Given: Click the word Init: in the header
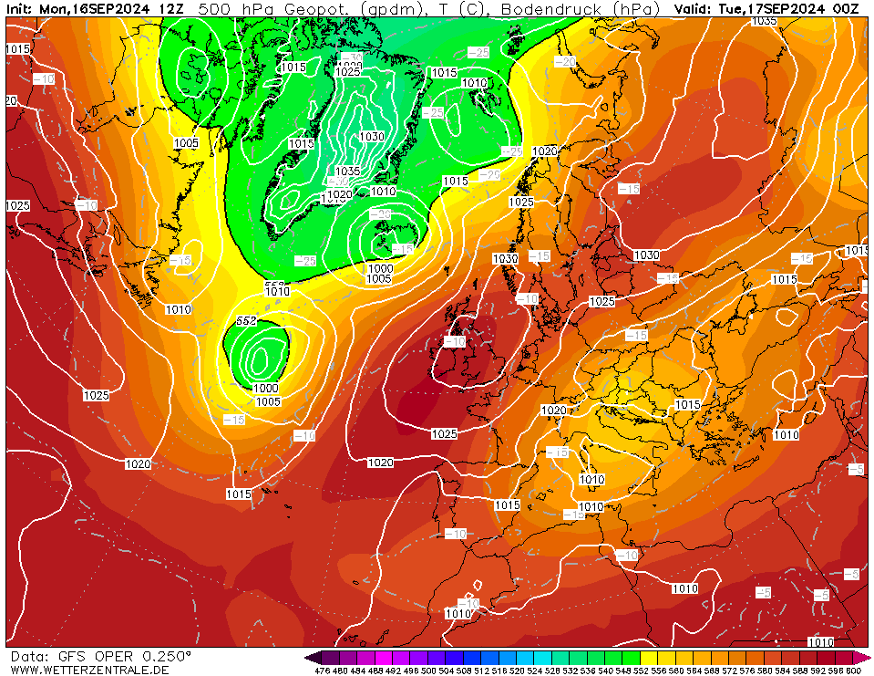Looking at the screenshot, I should click(x=20, y=8).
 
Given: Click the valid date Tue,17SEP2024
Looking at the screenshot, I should click(x=769, y=8).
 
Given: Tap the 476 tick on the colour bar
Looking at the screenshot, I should click(x=321, y=671).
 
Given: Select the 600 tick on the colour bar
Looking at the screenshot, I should click(x=853, y=671).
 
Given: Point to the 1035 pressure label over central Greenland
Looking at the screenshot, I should click(x=347, y=172).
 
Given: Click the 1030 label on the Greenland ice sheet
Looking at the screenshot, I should click(x=371, y=136).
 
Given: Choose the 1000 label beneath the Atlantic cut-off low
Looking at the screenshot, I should click(x=267, y=388).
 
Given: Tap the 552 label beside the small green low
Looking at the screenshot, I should click(x=246, y=321).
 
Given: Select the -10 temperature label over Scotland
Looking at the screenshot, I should click(x=454, y=341).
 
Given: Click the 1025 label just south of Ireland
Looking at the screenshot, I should click(x=444, y=434).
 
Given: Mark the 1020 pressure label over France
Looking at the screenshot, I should click(x=553, y=411).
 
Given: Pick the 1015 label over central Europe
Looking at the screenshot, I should click(x=687, y=404).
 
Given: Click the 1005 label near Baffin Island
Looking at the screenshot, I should click(x=186, y=143).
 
